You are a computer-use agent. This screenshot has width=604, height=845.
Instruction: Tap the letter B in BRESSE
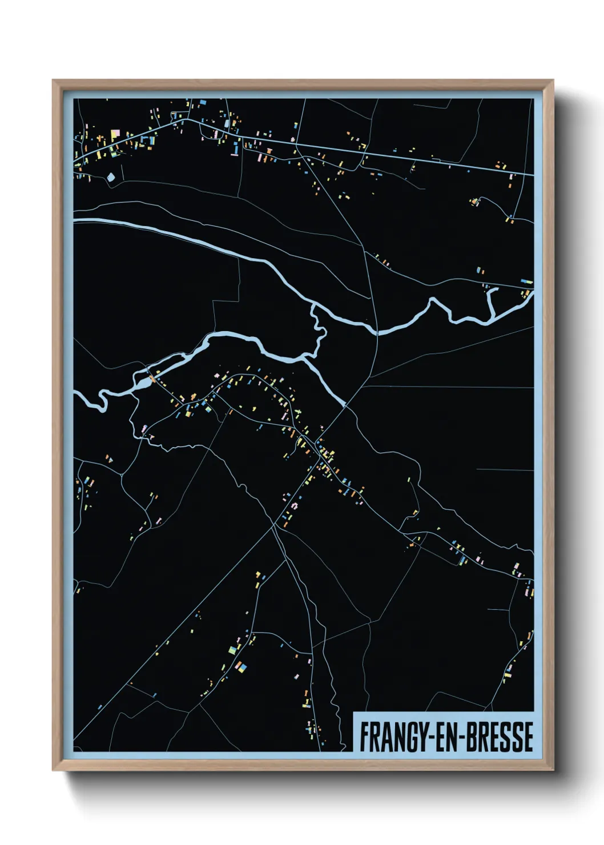tap(473, 737)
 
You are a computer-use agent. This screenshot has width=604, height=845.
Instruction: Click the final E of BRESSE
tap(528, 737)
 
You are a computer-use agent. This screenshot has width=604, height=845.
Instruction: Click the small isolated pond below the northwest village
tap(111, 177)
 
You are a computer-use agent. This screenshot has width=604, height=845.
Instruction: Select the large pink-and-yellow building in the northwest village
tap(115, 134)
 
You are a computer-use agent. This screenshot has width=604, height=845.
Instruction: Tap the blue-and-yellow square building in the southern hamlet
tap(242, 666)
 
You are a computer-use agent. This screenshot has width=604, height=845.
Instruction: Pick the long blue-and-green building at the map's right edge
tap(526, 282)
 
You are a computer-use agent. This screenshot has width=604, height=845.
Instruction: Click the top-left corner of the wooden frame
tap(54, 81)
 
